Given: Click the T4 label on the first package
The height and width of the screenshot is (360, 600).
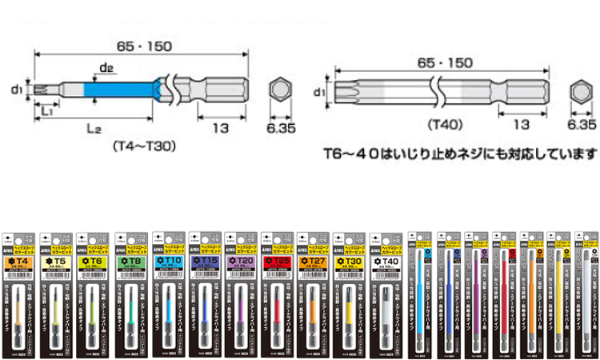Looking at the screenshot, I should pos(21,262).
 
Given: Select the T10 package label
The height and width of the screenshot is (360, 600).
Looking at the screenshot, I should pos(168,262).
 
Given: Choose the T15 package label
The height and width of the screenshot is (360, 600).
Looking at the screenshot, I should pos(205,262).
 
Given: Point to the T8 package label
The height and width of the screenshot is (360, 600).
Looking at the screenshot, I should pos(131,262).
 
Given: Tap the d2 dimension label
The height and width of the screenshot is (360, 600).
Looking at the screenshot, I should pos(106,68).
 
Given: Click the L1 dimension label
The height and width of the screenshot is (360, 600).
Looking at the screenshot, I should pos(46,110).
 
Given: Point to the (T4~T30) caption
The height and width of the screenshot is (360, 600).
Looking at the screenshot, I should pos(144,146).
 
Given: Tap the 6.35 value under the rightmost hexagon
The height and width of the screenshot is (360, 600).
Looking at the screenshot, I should pos(582,126).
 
